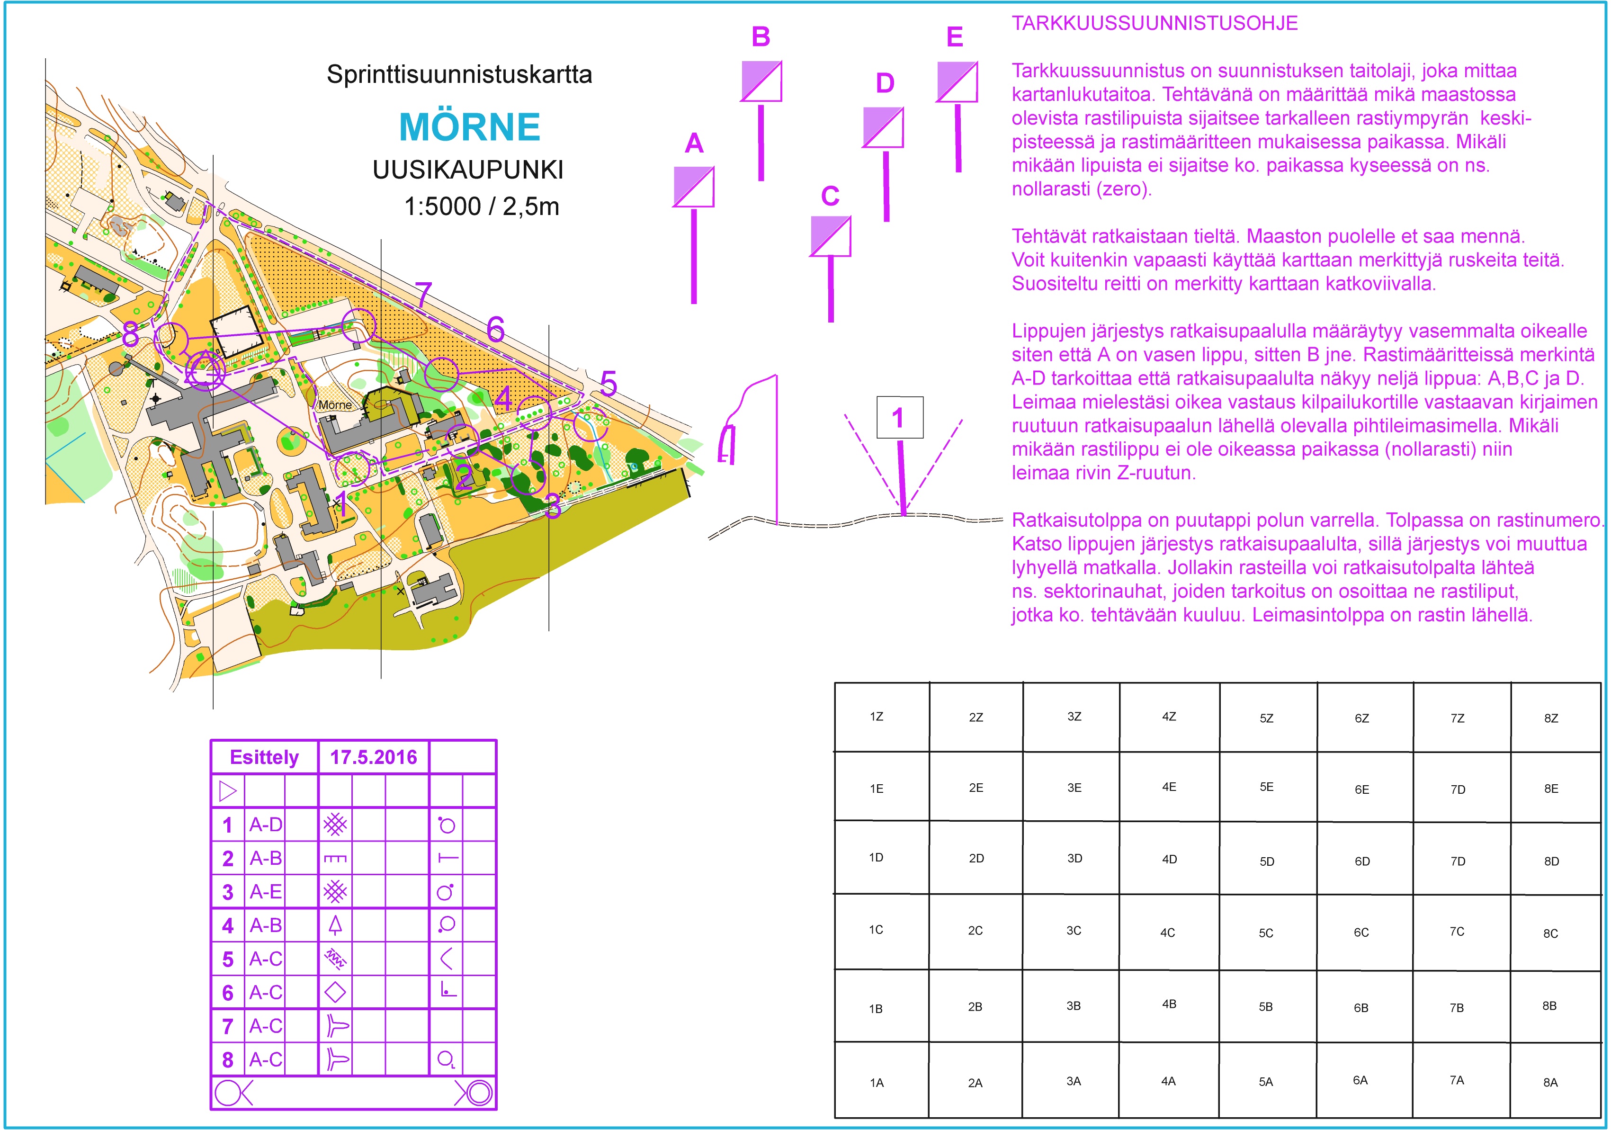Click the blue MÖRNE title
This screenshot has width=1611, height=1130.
(469, 127)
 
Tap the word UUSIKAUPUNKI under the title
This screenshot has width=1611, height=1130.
(468, 170)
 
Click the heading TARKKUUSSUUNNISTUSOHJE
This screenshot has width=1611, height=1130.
(1154, 23)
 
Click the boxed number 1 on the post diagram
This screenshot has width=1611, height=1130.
(899, 418)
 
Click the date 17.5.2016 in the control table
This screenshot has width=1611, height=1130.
(373, 757)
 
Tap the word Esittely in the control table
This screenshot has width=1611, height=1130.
(264, 757)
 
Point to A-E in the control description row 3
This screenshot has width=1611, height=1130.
(266, 892)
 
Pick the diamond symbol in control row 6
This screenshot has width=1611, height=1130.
(335, 993)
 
